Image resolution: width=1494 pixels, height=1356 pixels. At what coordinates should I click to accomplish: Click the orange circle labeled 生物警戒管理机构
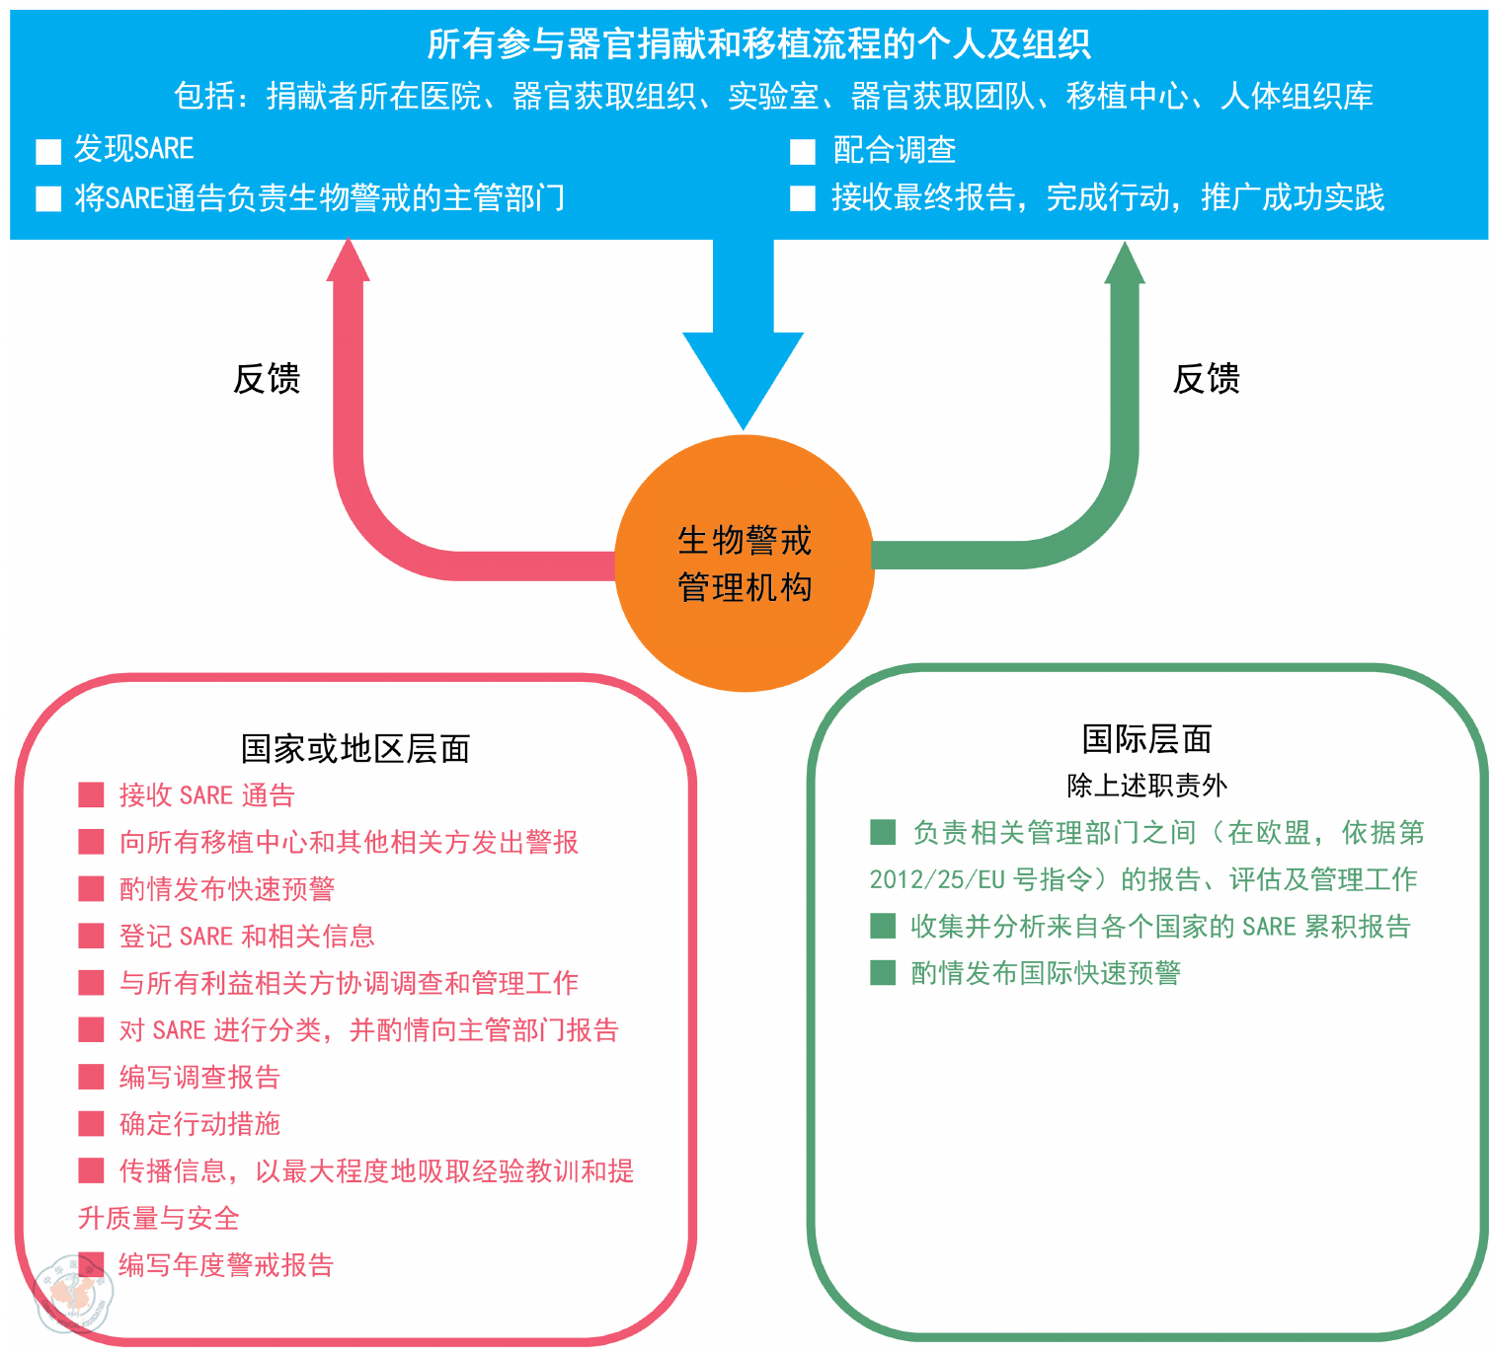(x=744, y=564)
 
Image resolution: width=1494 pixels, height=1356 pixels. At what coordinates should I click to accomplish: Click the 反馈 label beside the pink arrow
(x=267, y=379)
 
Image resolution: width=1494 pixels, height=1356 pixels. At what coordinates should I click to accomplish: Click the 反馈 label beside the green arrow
(x=1206, y=379)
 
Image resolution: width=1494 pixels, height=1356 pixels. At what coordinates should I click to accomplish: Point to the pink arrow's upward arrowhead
(x=348, y=262)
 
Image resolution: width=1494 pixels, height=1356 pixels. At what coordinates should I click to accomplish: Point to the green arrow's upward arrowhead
(x=1124, y=264)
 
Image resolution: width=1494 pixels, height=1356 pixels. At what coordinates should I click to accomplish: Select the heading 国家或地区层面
(x=355, y=749)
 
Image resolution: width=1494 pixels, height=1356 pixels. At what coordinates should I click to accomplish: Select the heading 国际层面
(x=1146, y=738)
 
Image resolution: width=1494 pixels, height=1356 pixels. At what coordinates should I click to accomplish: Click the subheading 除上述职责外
(x=1146, y=786)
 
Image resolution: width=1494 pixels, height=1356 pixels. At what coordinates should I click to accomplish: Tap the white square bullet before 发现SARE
(x=48, y=151)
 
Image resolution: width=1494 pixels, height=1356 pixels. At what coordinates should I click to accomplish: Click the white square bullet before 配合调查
(x=802, y=152)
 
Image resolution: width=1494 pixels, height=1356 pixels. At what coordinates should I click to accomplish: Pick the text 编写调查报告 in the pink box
(x=199, y=1077)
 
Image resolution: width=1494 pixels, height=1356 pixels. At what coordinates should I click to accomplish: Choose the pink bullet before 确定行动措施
(x=91, y=1124)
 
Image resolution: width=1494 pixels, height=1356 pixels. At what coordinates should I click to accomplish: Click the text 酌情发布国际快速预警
(x=1046, y=973)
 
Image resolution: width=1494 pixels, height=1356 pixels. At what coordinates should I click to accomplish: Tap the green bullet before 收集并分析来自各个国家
(x=882, y=926)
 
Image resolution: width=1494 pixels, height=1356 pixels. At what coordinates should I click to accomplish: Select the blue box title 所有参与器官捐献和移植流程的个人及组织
(x=758, y=44)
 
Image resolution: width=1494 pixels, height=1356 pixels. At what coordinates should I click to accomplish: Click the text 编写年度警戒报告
(x=226, y=1265)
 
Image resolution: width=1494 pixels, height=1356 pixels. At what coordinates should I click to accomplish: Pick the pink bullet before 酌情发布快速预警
(x=91, y=889)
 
